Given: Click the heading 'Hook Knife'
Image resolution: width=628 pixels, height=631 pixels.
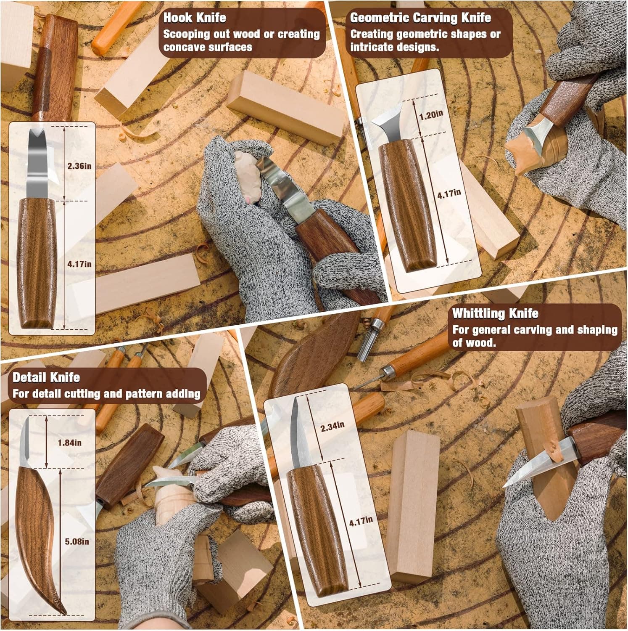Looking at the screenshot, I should pyautogui.click(x=194, y=18).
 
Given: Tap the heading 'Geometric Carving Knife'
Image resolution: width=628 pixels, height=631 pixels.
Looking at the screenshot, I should pyautogui.click(x=420, y=18).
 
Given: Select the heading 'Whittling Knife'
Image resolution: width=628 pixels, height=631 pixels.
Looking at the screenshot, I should pyautogui.click(x=495, y=313).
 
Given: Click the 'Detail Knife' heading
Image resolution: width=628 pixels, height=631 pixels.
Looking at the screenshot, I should pyautogui.click(x=46, y=377).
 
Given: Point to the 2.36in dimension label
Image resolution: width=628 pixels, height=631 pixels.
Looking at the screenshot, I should pyautogui.click(x=79, y=166).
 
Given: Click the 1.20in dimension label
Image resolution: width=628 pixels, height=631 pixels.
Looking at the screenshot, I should pyautogui.click(x=431, y=114).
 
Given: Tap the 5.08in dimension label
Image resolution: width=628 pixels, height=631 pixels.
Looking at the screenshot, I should pyautogui.click(x=77, y=541).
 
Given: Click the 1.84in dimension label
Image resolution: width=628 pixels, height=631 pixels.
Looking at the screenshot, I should pyautogui.click(x=70, y=443).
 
